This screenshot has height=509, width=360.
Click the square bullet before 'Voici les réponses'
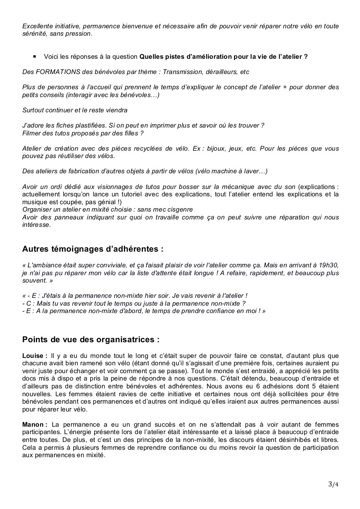tap(34, 57)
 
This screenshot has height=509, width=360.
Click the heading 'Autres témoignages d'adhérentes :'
tap(93, 249)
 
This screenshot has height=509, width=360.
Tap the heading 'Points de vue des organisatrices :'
tap(91, 339)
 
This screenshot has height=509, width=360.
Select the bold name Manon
tap(33, 424)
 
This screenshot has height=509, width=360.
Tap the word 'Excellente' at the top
tap(37, 26)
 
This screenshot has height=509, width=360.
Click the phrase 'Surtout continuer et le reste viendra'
tap(75, 110)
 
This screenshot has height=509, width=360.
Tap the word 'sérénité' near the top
tap(34, 34)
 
